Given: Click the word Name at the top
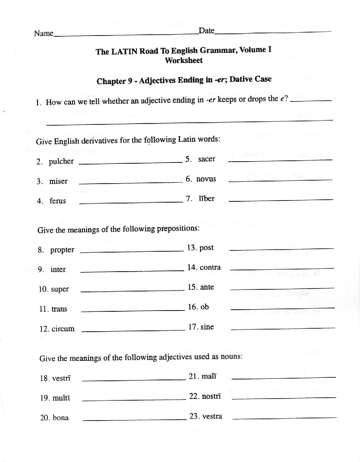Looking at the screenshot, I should click(44, 33).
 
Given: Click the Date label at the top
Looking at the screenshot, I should click(207, 30).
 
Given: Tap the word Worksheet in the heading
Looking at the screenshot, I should click(184, 60).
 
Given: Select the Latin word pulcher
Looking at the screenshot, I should click(61, 162).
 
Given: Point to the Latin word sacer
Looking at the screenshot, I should click(207, 159).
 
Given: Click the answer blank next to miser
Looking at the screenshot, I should click(130, 183).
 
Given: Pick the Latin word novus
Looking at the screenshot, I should click(206, 179).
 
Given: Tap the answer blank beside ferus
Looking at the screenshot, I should click(130, 202).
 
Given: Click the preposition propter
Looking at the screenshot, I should click(62, 250).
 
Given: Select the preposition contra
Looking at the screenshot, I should click(210, 267).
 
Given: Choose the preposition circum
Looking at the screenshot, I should click(63, 329).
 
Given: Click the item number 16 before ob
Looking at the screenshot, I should click(193, 307).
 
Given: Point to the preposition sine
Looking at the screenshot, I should click(207, 327).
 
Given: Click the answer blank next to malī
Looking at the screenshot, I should click(284, 377).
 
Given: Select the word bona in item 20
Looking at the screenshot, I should click(61, 418).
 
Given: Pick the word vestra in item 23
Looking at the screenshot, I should click(212, 416).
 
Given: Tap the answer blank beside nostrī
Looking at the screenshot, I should click(284, 397).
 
